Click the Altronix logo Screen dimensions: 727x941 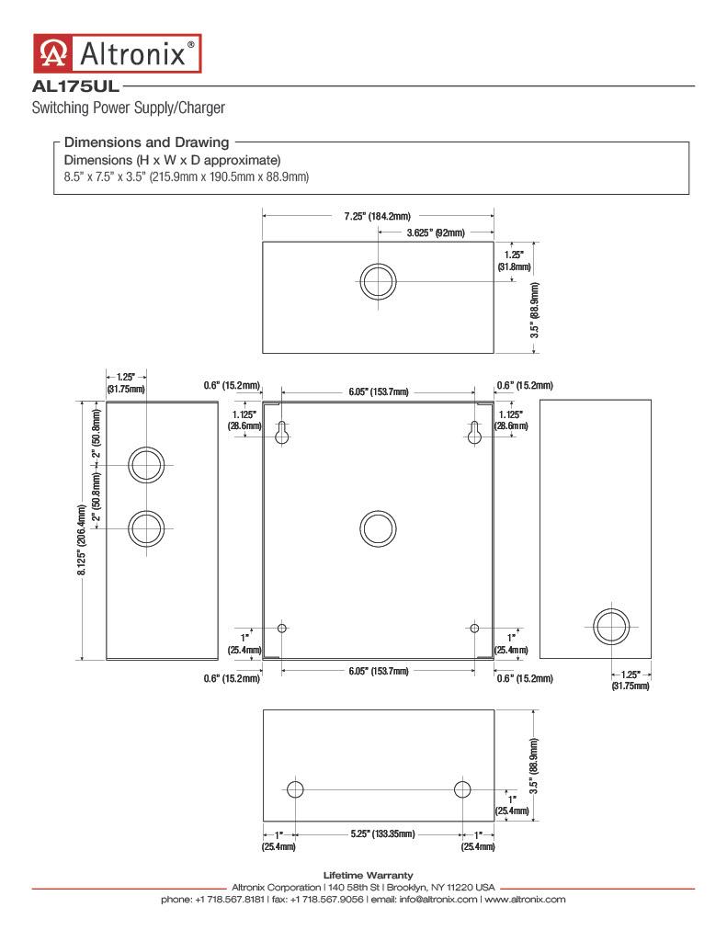coord(117,53)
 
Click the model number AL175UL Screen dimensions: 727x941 coord(75,86)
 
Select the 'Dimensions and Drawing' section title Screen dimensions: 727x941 coord(146,142)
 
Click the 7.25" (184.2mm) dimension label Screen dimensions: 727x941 coord(378,216)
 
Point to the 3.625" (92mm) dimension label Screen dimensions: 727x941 coord(436,232)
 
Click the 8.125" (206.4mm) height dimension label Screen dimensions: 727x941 coord(82,540)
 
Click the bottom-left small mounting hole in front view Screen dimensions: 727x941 coord(282,629)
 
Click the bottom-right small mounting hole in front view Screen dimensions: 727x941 coord(474,629)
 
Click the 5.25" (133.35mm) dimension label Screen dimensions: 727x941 coord(383,834)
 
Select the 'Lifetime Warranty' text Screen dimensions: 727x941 coord(368,876)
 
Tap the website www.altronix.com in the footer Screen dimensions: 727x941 coord(526,899)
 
